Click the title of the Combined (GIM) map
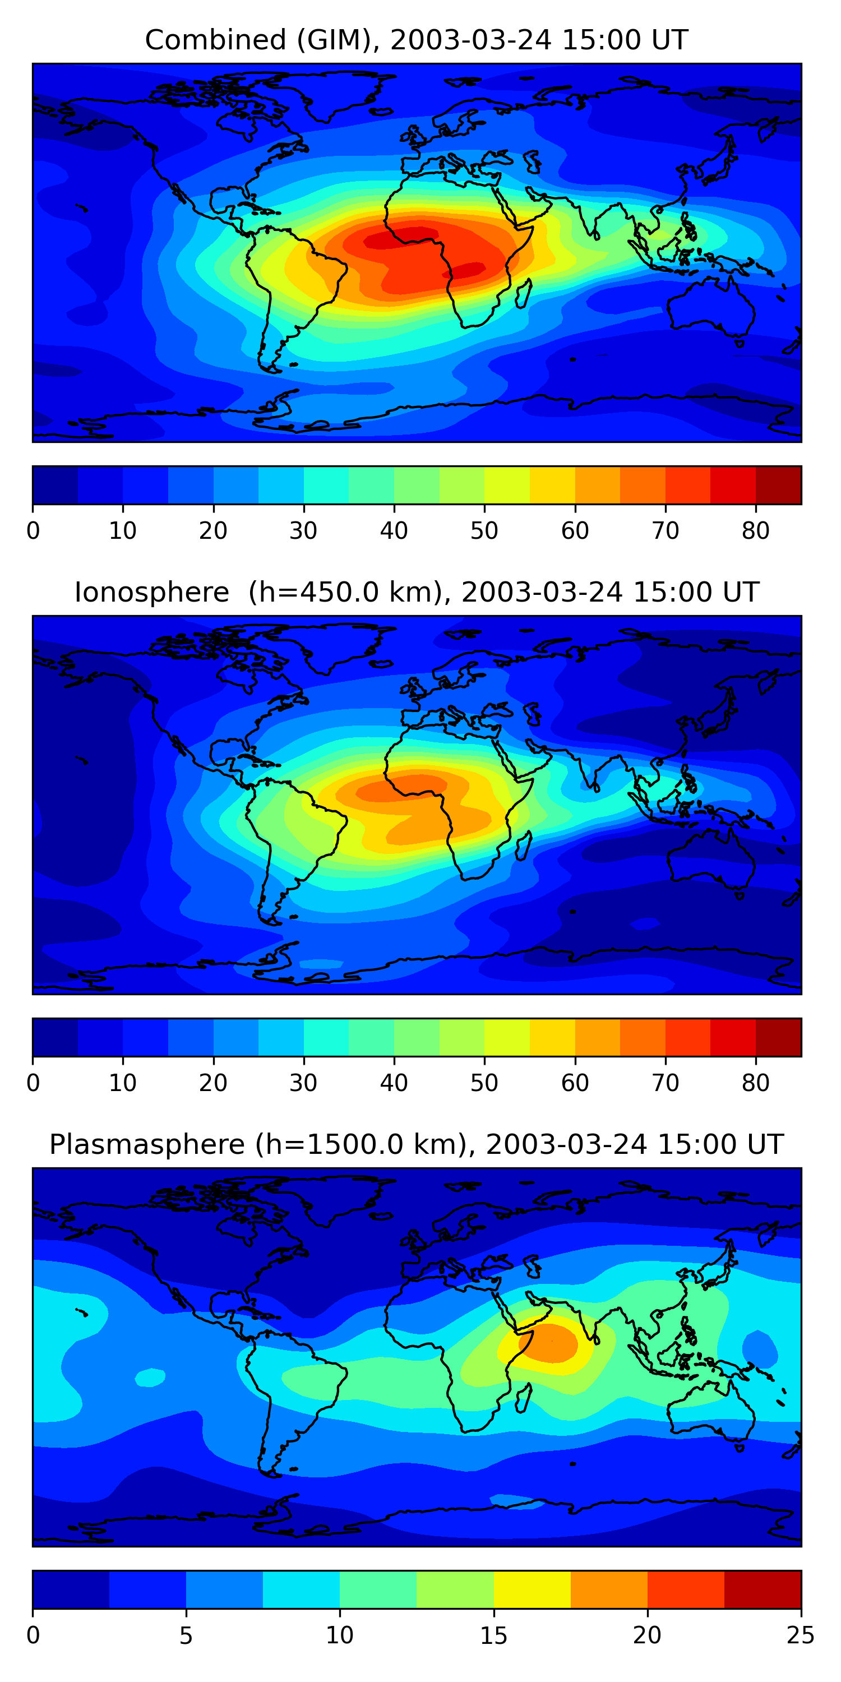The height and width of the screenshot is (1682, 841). (x=416, y=40)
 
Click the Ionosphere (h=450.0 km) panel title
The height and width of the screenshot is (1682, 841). (x=416, y=592)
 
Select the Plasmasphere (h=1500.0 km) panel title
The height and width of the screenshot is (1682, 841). (x=416, y=1145)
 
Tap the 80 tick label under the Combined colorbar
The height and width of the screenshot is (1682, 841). (x=755, y=531)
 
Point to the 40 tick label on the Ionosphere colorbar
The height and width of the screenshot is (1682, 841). (x=394, y=1083)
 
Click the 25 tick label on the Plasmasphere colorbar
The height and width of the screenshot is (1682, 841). (x=801, y=1635)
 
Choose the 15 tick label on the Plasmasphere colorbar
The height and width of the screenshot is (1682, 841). (x=493, y=1635)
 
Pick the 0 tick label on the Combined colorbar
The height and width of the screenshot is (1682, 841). (x=33, y=531)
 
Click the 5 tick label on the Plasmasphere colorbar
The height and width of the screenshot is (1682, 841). (x=186, y=1635)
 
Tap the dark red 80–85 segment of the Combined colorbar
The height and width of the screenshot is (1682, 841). (x=778, y=485)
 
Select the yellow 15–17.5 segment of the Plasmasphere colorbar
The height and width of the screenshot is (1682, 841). (x=532, y=1589)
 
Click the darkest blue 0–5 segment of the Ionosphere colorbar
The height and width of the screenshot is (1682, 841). (x=56, y=1037)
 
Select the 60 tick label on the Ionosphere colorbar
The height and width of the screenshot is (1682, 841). (x=575, y=1083)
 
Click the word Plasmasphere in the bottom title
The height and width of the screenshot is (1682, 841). (x=147, y=1145)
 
